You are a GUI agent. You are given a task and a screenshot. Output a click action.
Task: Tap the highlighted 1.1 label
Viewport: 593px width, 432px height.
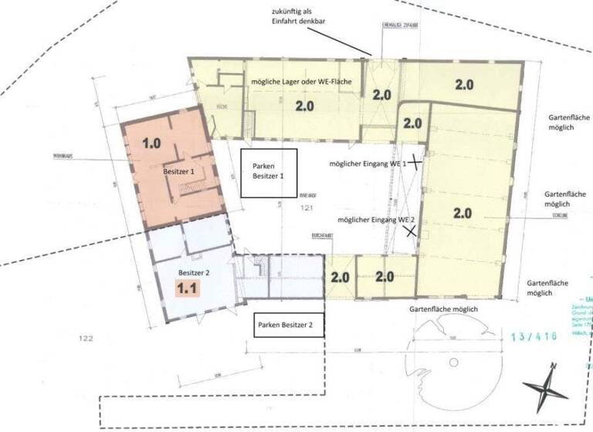point(189,288)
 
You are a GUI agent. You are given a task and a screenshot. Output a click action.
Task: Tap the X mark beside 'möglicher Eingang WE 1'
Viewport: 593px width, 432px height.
point(416,162)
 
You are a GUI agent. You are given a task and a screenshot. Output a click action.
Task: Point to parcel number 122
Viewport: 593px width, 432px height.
point(85,339)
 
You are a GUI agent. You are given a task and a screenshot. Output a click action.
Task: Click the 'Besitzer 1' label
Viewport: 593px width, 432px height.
point(179,173)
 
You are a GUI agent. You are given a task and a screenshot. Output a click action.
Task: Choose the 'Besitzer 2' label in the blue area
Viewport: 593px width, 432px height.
point(194,272)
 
